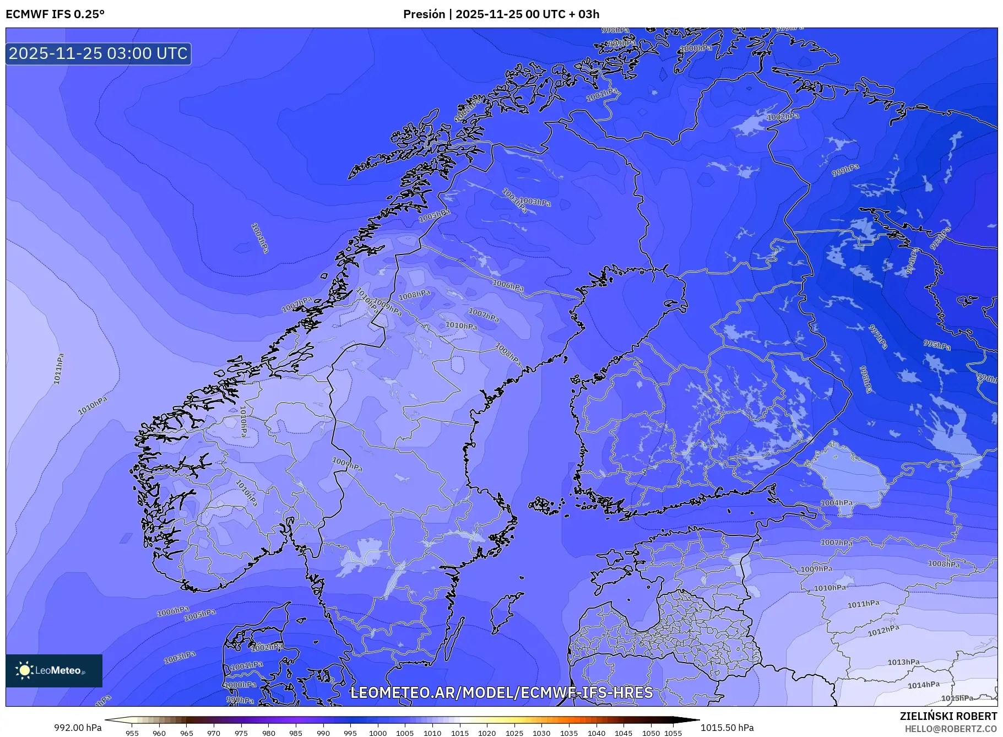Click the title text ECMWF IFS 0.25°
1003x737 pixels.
(55, 14)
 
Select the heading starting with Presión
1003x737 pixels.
(501, 14)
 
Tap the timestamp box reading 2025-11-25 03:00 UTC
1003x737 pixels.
(99, 53)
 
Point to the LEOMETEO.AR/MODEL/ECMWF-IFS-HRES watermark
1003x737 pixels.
(501, 692)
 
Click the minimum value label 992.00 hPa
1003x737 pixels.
(78, 727)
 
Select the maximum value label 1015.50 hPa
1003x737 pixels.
(727, 727)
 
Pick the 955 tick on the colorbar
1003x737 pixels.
(132, 733)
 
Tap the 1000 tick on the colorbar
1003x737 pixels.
(378, 733)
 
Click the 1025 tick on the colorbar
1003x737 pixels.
(514, 733)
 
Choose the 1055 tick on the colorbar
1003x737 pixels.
(673, 733)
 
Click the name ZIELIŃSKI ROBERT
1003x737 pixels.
(948, 716)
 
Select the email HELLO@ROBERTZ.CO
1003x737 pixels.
(951, 729)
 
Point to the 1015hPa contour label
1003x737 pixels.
(957, 698)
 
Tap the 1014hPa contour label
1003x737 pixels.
(924, 685)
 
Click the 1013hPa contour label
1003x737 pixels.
(903, 662)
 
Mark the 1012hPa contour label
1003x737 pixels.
(883, 631)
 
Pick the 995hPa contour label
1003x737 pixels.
(937, 345)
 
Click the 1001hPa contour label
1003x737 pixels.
(246, 665)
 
